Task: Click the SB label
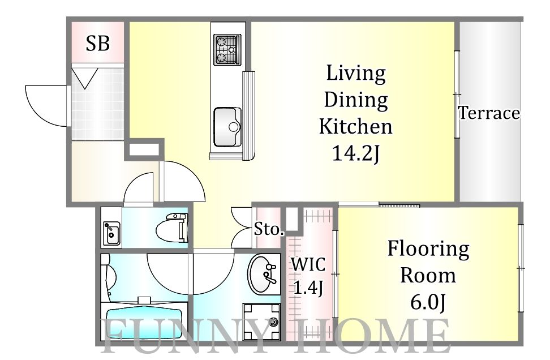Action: point(98,44)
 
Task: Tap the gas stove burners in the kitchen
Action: point(227,49)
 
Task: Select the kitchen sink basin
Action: point(227,127)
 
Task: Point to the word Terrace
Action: point(489,113)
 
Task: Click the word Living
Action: point(356,74)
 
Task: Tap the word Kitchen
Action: point(356,126)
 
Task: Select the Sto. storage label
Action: point(269,229)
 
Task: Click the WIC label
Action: point(308,264)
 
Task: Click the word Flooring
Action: point(428,250)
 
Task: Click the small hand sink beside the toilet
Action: point(111,234)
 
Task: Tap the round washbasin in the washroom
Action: point(261,274)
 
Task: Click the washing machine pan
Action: point(261,322)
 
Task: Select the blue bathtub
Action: point(144,323)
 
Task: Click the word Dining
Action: point(356,100)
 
